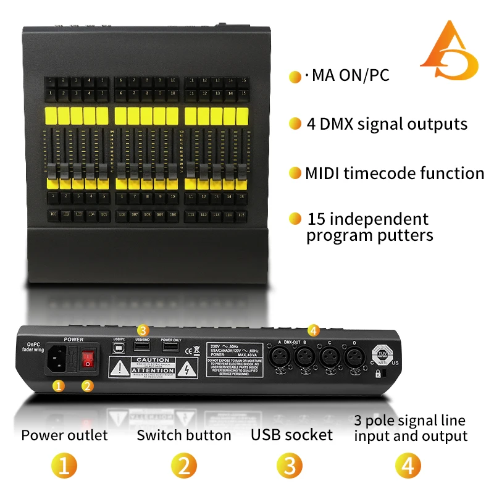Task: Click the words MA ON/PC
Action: [x=350, y=76]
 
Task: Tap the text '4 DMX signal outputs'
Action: [x=387, y=124]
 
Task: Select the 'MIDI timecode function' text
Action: [x=394, y=173]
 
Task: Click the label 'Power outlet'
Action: [x=64, y=435]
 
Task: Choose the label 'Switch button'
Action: [x=184, y=435]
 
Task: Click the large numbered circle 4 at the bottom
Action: [x=408, y=466]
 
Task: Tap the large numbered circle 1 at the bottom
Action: [x=64, y=466]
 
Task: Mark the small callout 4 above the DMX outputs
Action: [x=313, y=330]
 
